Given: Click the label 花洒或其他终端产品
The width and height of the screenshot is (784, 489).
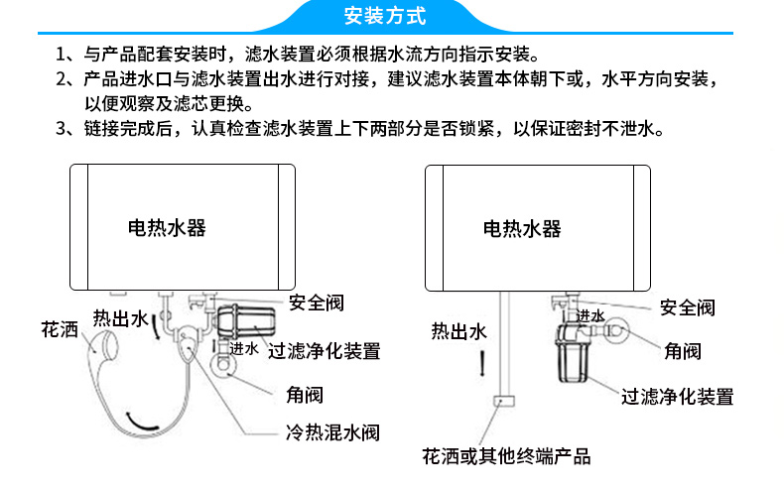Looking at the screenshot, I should pos(506,457).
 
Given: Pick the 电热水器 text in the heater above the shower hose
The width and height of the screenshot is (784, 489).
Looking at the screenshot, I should pos(167,227).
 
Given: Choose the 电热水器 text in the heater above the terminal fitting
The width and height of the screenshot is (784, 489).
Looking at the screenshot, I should pos(522,229).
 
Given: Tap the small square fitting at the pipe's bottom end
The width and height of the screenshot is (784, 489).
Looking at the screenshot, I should pos(503,401).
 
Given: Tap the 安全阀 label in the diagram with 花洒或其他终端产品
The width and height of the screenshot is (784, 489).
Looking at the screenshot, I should pos(688,307).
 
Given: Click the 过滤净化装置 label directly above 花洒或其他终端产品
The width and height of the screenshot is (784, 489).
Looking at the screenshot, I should pos(678,398).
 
